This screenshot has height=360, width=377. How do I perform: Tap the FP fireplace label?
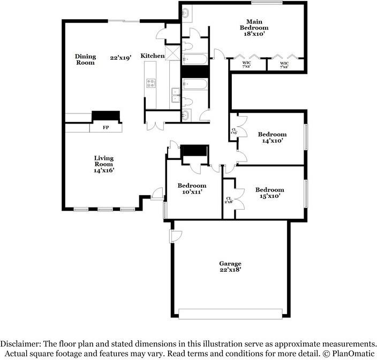105,128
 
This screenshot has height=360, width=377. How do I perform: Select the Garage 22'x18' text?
230,266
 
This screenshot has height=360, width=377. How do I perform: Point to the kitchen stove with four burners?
151,83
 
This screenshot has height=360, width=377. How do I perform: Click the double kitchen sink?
175,95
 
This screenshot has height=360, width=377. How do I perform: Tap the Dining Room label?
85,59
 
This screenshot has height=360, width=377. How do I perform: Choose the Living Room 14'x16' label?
104,164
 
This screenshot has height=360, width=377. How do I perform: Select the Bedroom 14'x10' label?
272,137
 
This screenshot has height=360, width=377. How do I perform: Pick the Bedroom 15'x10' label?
269,193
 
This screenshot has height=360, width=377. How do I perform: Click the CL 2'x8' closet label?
229,200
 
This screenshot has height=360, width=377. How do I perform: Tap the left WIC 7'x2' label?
247,65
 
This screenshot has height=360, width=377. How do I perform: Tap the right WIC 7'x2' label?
285,65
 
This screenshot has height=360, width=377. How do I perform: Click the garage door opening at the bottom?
230,314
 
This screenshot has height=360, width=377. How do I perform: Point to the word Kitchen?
153,56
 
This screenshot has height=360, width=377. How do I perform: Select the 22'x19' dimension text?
121,57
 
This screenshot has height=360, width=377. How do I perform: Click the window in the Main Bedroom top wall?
267,3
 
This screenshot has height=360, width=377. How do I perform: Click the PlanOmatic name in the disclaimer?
353,354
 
